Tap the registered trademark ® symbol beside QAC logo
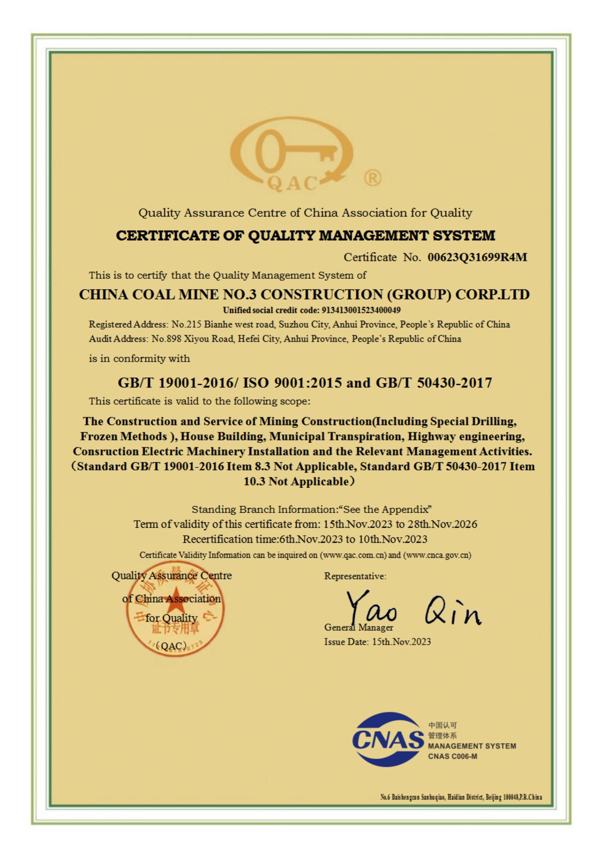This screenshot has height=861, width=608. [x=373, y=178]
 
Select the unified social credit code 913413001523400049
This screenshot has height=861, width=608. [x=361, y=310]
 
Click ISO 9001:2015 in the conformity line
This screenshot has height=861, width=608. [x=292, y=383]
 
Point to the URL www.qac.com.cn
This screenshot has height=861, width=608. [x=354, y=555]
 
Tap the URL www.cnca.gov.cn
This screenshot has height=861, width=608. [x=437, y=555]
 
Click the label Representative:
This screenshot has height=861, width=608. [x=355, y=576]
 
